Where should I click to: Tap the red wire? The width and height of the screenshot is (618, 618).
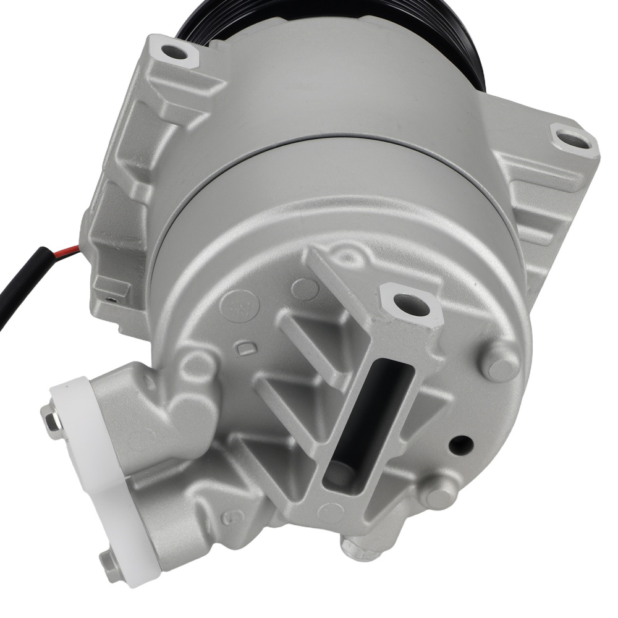(68, 250)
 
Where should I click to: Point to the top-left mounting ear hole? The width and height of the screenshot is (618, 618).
(176, 53)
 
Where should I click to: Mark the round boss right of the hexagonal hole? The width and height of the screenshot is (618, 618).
(500, 365)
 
